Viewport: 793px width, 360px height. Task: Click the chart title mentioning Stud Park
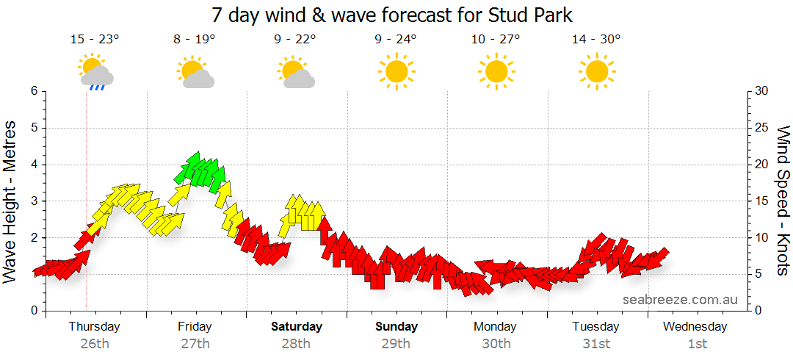(391, 15)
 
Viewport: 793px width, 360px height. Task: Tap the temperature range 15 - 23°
(95, 40)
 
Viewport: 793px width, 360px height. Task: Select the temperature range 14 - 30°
(596, 40)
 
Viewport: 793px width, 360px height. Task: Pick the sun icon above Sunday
(396, 71)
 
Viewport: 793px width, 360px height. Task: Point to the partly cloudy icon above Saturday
(296, 72)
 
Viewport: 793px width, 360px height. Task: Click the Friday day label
(195, 326)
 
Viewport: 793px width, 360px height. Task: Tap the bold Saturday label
(296, 326)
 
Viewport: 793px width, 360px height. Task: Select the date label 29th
(396, 343)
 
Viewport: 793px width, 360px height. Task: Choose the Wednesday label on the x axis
(697, 326)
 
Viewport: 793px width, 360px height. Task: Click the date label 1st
(697, 343)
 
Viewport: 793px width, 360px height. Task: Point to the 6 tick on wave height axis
(33, 91)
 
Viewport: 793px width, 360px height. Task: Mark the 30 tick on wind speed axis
(761, 91)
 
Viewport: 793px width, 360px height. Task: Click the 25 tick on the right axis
(761, 128)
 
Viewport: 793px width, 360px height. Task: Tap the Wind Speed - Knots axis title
(783, 201)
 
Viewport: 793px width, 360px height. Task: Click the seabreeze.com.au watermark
(680, 300)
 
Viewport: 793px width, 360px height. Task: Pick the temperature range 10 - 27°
(496, 40)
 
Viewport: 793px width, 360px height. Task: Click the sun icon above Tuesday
(596, 71)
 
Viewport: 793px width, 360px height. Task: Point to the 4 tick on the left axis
(33, 165)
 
